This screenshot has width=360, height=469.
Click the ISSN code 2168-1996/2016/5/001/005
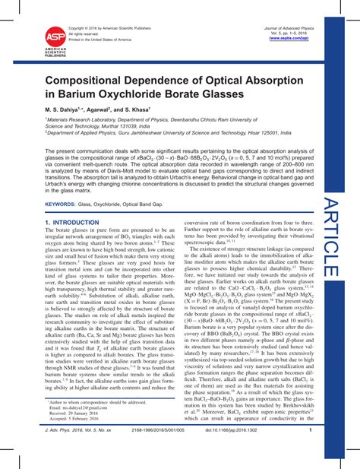pos(158,449)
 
